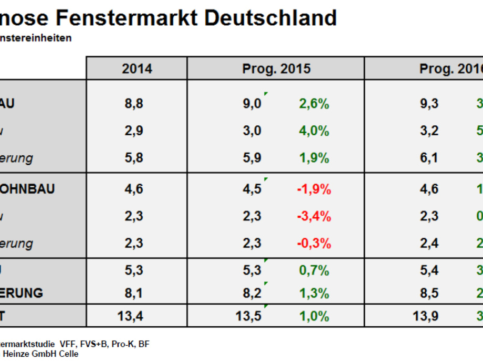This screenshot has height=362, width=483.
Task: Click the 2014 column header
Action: [x=137, y=69]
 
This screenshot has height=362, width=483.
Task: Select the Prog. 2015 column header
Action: [x=276, y=69]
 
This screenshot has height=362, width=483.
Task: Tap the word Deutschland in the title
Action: [x=270, y=18]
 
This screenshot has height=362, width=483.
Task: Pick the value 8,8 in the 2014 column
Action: [x=134, y=104]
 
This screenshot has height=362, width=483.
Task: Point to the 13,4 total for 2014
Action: [x=134, y=316]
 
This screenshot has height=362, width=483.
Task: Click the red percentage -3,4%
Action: [x=314, y=216]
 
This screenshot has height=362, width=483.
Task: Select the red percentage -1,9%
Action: [x=314, y=189]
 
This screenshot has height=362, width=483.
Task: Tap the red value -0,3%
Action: [x=314, y=243]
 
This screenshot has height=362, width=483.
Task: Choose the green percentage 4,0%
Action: [x=314, y=131]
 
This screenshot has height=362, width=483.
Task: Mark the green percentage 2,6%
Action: [x=314, y=104]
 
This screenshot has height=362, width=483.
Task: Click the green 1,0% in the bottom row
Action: [x=314, y=316]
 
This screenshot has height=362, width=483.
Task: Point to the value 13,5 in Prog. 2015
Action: [x=250, y=316]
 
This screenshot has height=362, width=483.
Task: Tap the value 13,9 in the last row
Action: [x=427, y=316]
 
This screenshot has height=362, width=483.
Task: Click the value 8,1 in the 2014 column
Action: [x=134, y=293]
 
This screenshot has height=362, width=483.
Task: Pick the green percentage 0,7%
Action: [x=314, y=271]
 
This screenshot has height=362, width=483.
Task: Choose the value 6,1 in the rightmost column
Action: [x=429, y=158]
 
